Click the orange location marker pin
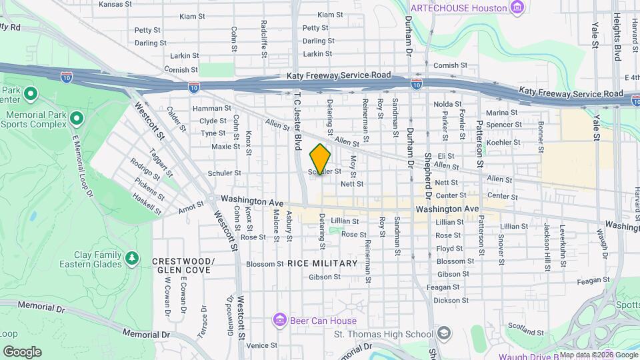pos(320,159)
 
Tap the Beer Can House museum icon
pos(279,321)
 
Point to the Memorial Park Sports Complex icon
pos(76,119)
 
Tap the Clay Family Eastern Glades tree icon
pos(132,257)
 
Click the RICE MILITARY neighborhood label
pos(323,263)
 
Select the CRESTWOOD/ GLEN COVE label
pos(183,265)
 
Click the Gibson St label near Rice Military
pos(325,276)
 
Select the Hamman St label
pos(211,108)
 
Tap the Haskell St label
pos(147,205)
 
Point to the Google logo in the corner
pos(22,352)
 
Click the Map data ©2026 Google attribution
pos(598,355)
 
